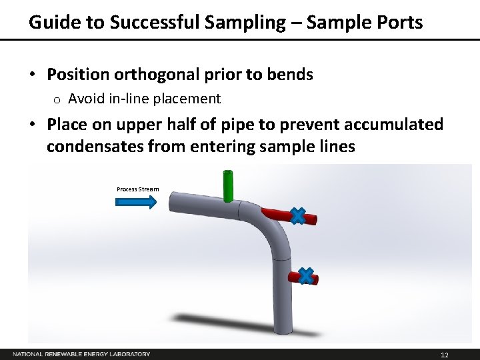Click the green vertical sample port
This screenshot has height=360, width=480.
[227, 186]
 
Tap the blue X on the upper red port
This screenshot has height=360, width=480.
[298, 215]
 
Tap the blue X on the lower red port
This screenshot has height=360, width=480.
[305, 275]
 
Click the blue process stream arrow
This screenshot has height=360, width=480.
[137, 202]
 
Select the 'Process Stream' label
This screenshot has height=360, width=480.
[138, 189]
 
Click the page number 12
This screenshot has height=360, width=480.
[445, 354]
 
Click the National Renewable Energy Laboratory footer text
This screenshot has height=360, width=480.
[81, 354]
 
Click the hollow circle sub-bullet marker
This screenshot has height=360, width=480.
[57, 100]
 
